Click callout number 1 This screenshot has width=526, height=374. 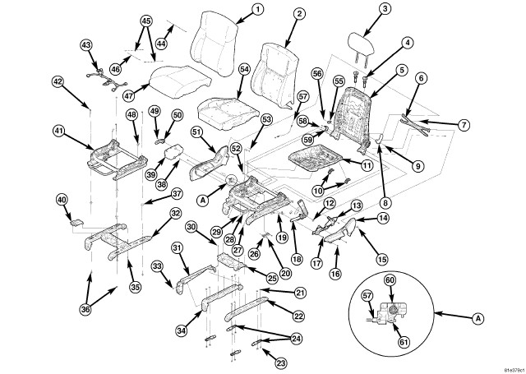257,10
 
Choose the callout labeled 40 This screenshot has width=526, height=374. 61,200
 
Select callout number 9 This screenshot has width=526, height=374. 418,166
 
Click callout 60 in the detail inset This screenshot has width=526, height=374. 390,280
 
